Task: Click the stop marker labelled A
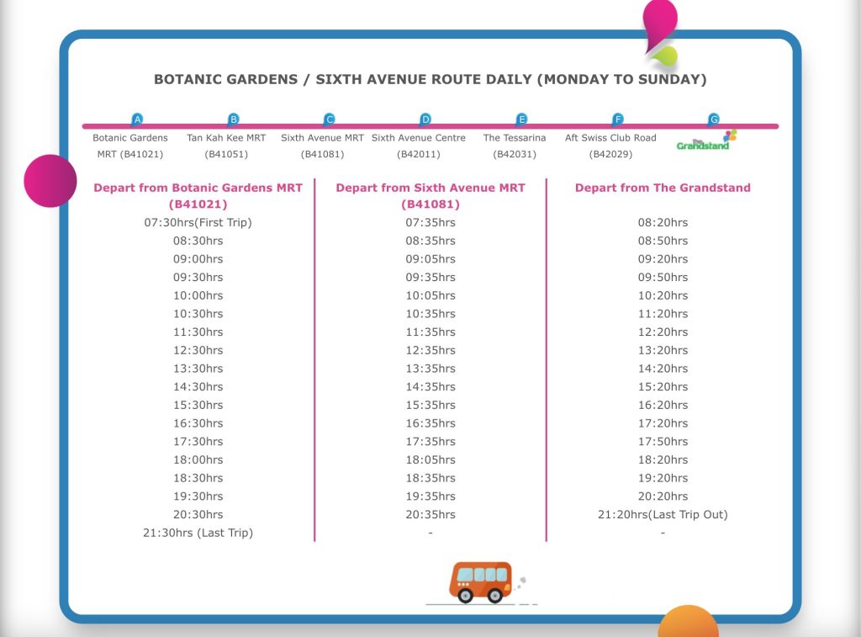(x=138, y=119)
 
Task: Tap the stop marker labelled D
(x=425, y=119)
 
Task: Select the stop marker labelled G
(x=714, y=119)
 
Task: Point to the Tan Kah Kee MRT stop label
(x=225, y=138)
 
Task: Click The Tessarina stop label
(x=515, y=138)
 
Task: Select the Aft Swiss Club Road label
(x=610, y=138)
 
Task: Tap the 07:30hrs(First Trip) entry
(x=198, y=223)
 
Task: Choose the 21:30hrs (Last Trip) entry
(x=198, y=533)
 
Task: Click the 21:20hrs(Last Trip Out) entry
(x=663, y=514)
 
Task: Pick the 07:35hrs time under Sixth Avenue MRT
(x=430, y=223)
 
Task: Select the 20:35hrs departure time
(x=430, y=514)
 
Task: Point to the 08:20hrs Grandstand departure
(x=663, y=223)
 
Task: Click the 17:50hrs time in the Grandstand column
(x=663, y=441)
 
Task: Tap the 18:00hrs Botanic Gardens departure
(x=198, y=459)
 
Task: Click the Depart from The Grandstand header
(x=663, y=188)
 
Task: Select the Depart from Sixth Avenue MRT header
(x=430, y=188)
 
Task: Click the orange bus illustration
(x=480, y=581)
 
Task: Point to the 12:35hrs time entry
(x=430, y=350)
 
